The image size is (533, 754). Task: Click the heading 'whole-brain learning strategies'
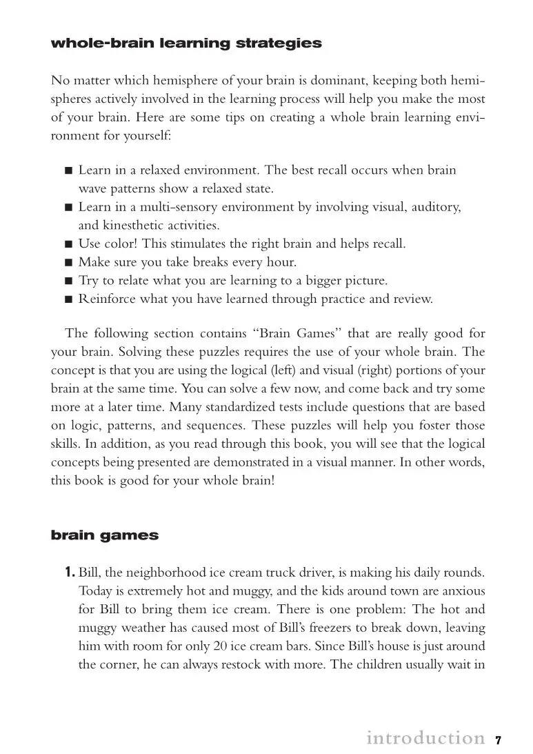(x=186, y=43)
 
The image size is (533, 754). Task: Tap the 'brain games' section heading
(x=105, y=535)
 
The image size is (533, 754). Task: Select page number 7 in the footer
(x=498, y=740)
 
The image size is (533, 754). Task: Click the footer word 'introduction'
(x=425, y=738)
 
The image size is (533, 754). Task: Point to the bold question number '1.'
(x=70, y=572)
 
